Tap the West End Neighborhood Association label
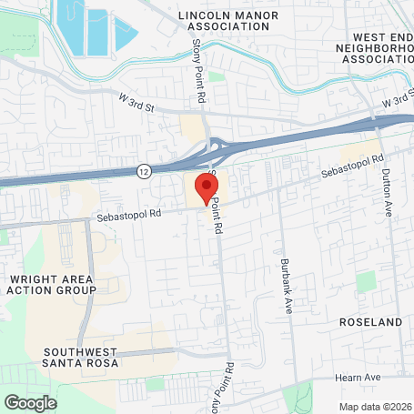pyautogui.click(x=374, y=48)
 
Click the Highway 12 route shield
pyautogui.click(x=145, y=170)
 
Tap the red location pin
pyautogui.click(x=207, y=189)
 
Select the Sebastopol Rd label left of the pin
pyautogui.click(x=129, y=216)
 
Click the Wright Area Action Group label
pyautogui.click(x=51, y=284)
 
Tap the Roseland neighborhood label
pyautogui.click(x=369, y=322)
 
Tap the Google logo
pyautogui.click(x=30, y=402)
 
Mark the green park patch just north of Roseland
pyautogui.click(x=366, y=281)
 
